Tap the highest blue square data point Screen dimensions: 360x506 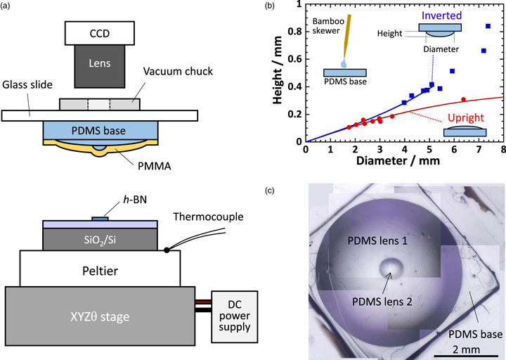pyautogui.click(x=488, y=26)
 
